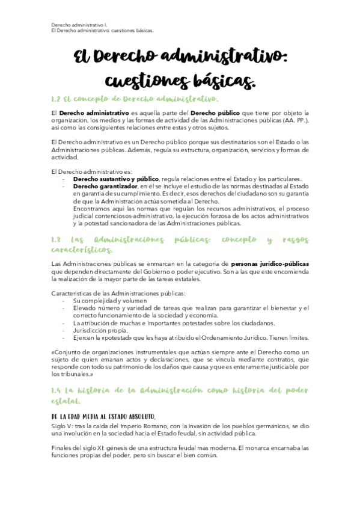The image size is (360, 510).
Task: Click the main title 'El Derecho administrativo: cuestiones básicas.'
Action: (180, 68)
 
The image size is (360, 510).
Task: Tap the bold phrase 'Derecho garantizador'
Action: (100, 186)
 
